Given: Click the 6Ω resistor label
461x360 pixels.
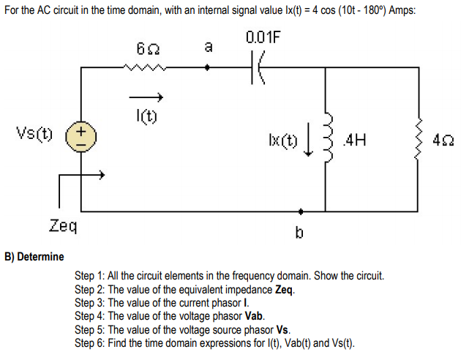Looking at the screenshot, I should [144, 48].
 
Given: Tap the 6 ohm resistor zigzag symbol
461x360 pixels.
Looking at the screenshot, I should [145, 68].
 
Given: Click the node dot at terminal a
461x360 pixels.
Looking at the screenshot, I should [208, 68].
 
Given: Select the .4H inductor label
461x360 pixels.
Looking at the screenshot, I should [354, 137].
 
